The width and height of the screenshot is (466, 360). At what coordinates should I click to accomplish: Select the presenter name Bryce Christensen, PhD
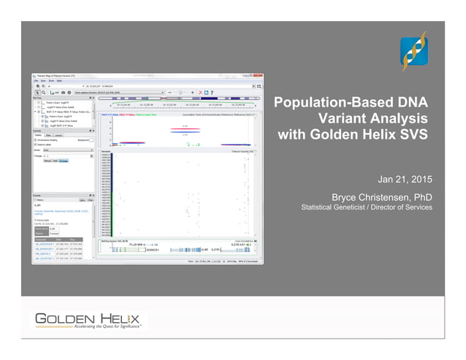[x=381, y=197]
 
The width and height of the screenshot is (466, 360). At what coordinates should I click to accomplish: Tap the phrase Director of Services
[x=401, y=207]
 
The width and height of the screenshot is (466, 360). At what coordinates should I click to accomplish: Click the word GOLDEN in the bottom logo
[x=61, y=319]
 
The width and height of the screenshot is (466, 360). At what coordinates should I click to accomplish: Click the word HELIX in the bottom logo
[x=117, y=319]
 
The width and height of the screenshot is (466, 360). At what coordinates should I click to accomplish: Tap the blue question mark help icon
[x=212, y=93]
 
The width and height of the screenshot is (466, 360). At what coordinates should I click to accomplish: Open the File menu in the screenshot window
[x=37, y=81]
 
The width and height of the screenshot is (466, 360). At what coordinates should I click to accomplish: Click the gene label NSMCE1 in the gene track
[x=155, y=250]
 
